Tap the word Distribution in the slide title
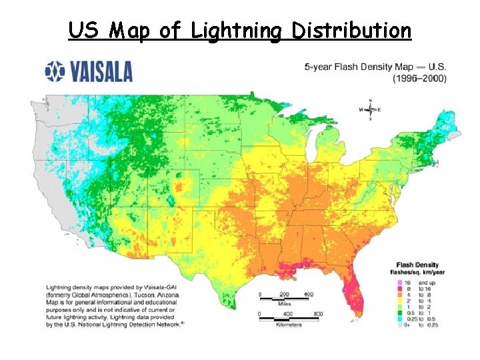tap(351, 31)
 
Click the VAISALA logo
tap(89, 71)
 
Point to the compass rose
tap(370, 109)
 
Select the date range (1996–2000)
tap(419, 77)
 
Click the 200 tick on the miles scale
tap(285, 294)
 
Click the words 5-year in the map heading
tap(318, 68)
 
